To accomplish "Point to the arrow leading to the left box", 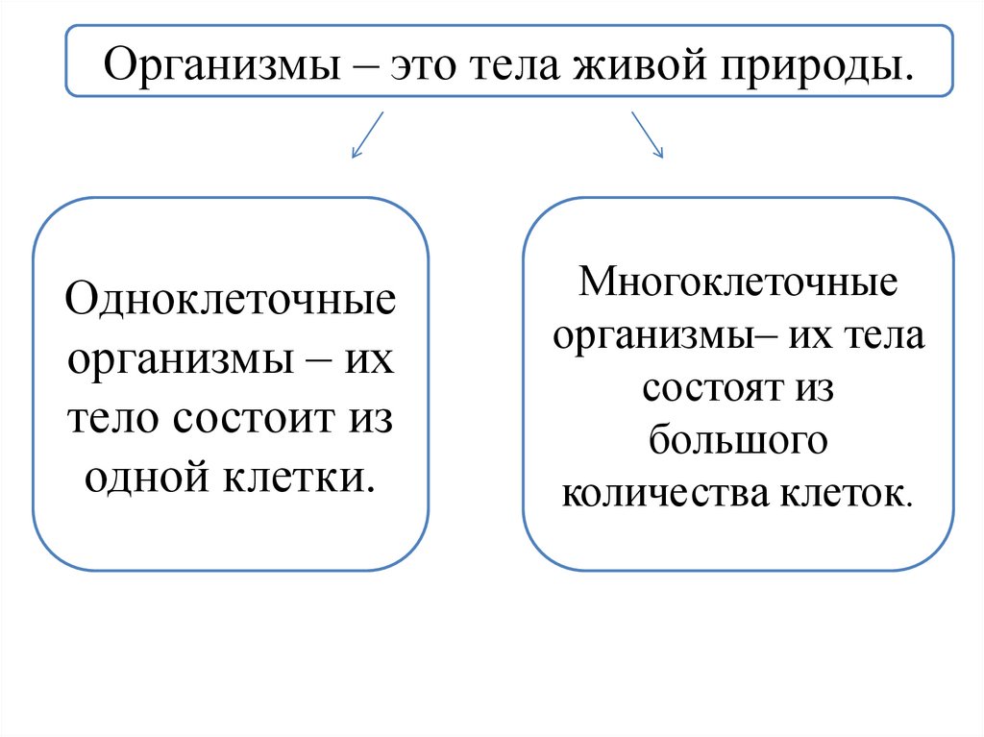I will (367, 135).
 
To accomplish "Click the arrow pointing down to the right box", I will (647, 134).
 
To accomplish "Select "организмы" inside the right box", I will (651, 337).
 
